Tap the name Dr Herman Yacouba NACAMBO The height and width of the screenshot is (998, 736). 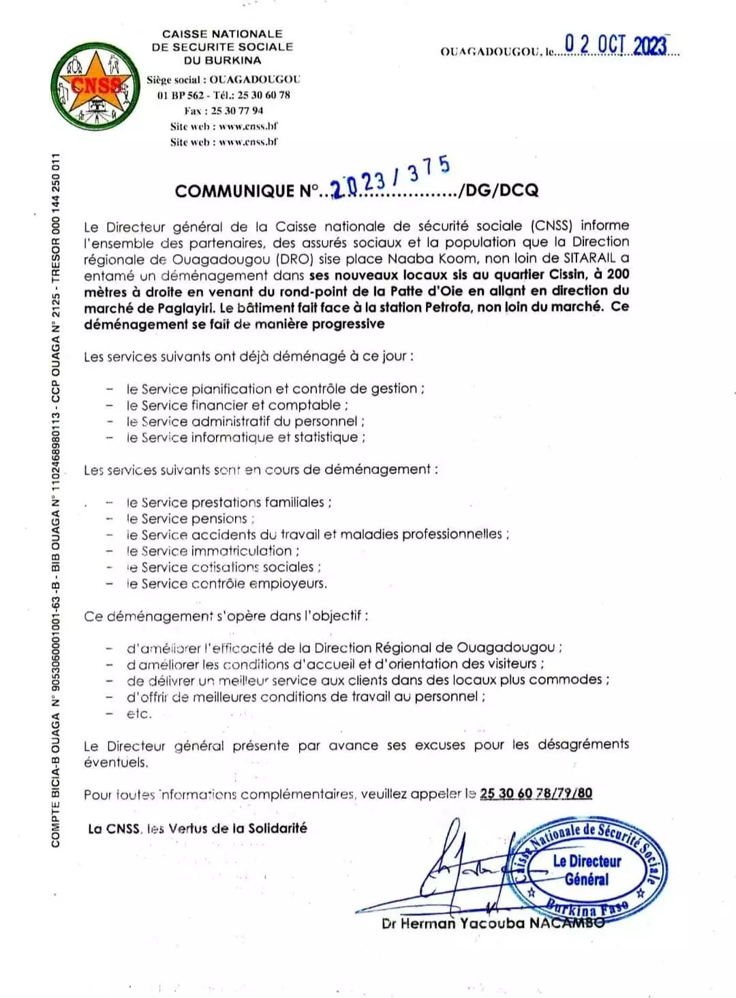pos(493,924)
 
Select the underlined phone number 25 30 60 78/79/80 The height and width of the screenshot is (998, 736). pos(536,793)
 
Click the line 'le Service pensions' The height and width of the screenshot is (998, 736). pos(190,519)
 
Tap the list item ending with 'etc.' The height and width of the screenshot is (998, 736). pos(138,714)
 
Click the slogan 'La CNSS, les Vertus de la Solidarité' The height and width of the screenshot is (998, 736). pos(198,828)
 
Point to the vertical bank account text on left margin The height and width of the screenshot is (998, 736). pos(57,501)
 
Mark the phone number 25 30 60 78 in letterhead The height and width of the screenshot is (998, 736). pos(264,95)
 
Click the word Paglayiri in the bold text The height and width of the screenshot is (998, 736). pos(179,307)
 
